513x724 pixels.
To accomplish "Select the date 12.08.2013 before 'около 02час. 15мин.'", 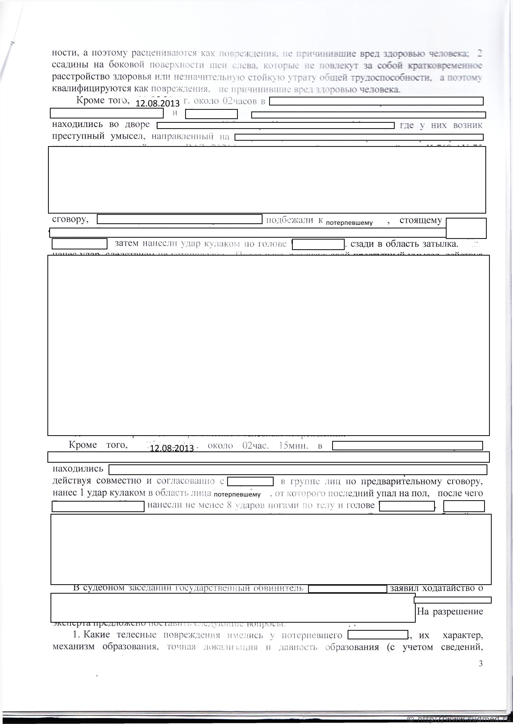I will pos(172,448).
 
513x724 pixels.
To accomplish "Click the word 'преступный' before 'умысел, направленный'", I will pos(78,137).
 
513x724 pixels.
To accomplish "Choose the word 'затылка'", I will pos(439,244).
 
